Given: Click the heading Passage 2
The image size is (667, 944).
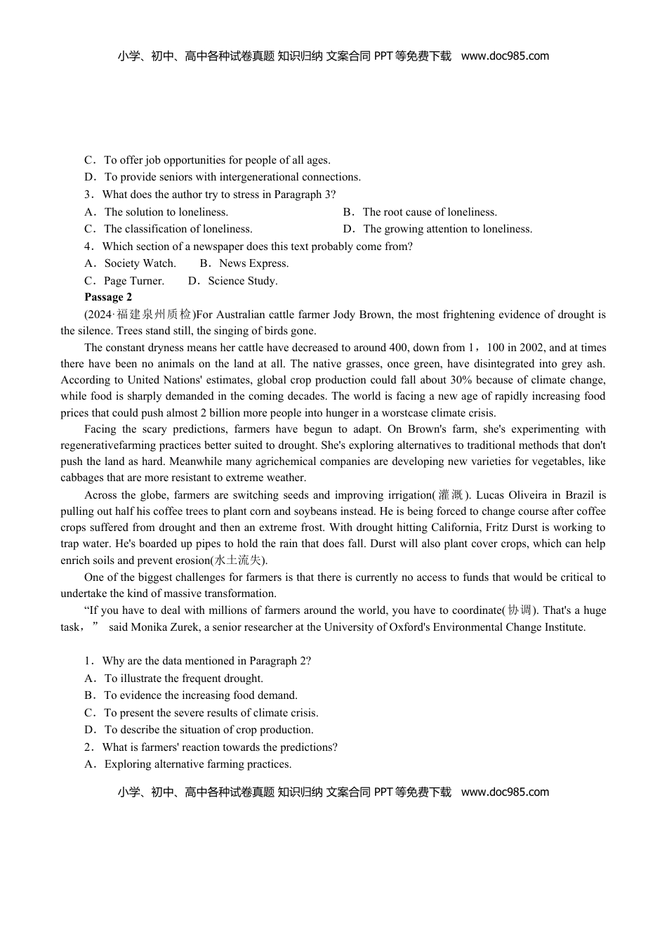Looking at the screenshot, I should coord(108,297).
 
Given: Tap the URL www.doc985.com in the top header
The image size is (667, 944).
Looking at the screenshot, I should coord(505,56).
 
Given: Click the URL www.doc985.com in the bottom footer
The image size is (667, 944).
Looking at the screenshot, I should coord(505,792).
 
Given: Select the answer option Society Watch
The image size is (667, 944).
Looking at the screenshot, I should coord(140,263).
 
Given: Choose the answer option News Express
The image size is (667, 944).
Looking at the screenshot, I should coord(253,263).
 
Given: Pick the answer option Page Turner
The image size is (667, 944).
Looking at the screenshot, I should coord(133,281).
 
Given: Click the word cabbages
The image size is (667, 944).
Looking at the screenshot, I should coord(82,478).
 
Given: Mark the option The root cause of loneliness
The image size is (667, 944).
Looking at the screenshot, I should coord(429,212).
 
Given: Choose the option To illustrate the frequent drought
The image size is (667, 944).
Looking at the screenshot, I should coord(183,678).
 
